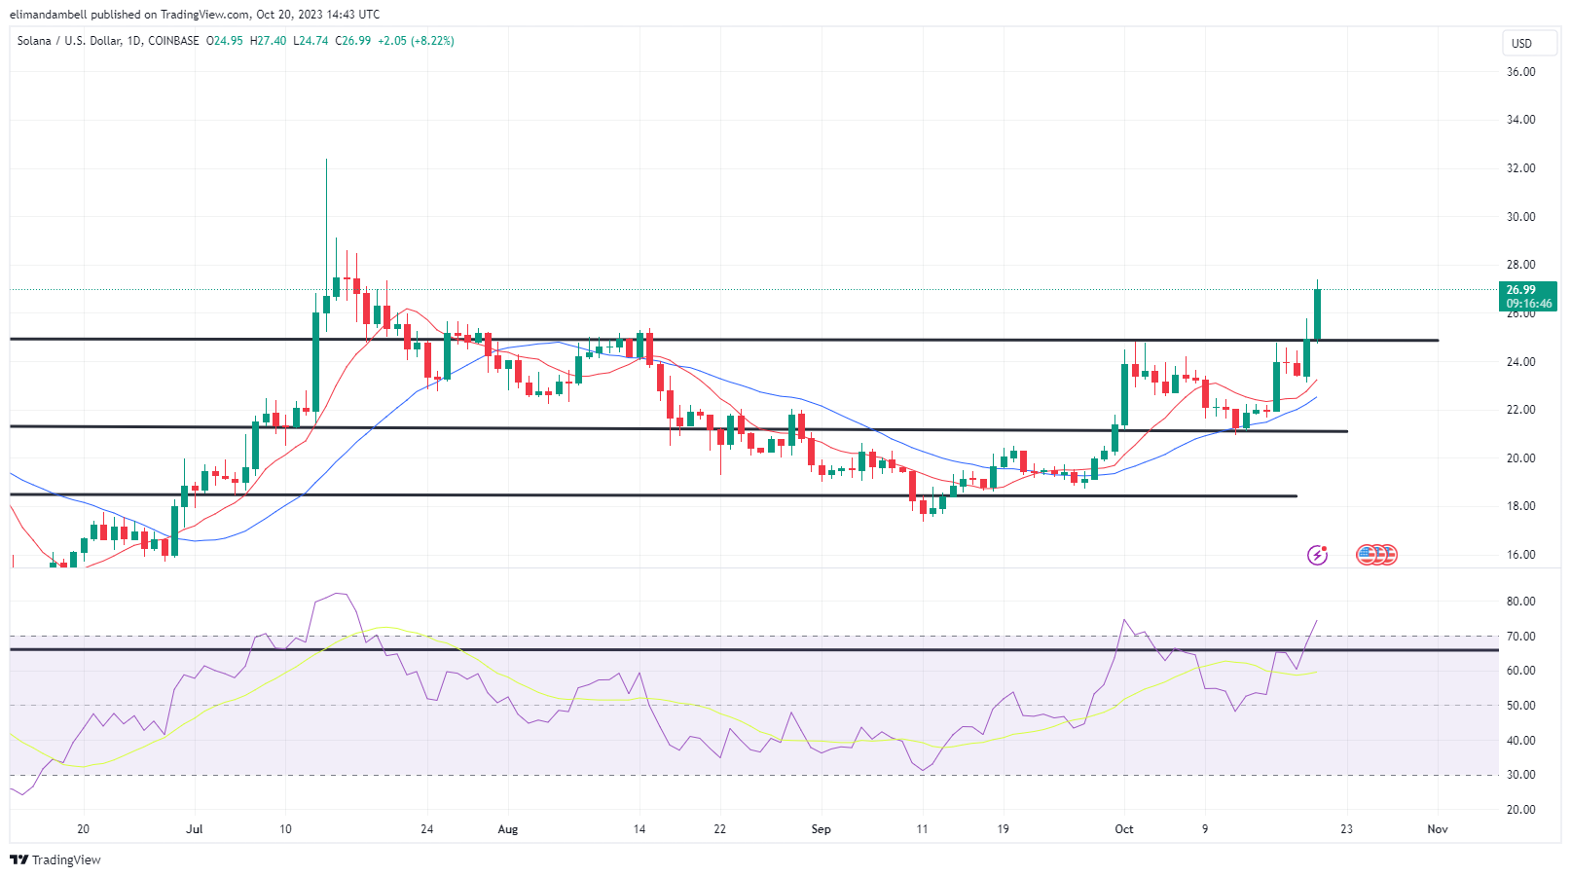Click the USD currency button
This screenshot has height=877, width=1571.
[x=1521, y=43]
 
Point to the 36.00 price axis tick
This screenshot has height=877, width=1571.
[x=1520, y=72]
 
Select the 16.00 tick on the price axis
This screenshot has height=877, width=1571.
[x=1520, y=555]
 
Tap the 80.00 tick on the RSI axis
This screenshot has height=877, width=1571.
[x=1520, y=602]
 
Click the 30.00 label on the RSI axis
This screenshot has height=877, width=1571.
[x=1520, y=775]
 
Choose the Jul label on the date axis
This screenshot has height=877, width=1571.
[x=195, y=829]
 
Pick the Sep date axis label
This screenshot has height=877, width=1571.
[x=821, y=829]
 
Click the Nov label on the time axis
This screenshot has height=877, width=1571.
[x=1437, y=829]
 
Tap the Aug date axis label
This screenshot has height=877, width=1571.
[x=507, y=829]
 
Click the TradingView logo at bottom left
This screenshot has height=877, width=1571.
[x=55, y=859]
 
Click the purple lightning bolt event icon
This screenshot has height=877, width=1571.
[x=1317, y=555]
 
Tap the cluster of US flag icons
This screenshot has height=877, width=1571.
[x=1376, y=555]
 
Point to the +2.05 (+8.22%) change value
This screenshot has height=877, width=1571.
[x=416, y=41]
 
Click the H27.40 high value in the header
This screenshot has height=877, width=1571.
[x=268, y=41]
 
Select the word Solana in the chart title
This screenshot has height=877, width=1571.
[x=34, y=41]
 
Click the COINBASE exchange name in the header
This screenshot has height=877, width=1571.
[x=173, y=41]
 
